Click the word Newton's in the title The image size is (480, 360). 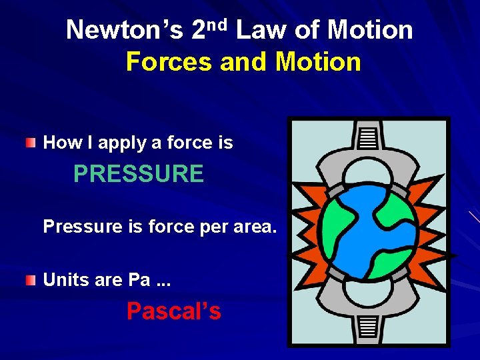(x=124, y=31)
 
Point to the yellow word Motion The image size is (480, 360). (x=318, y=63)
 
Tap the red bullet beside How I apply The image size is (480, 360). (x=31, y=143)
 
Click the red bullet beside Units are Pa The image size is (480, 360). (x=31, y=280)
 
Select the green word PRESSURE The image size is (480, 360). (x=139, y=174)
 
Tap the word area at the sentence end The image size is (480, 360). (x=255, y=227)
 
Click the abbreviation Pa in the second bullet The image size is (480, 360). (x=139, y=280)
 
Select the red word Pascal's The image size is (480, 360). (x=173, y=311)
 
